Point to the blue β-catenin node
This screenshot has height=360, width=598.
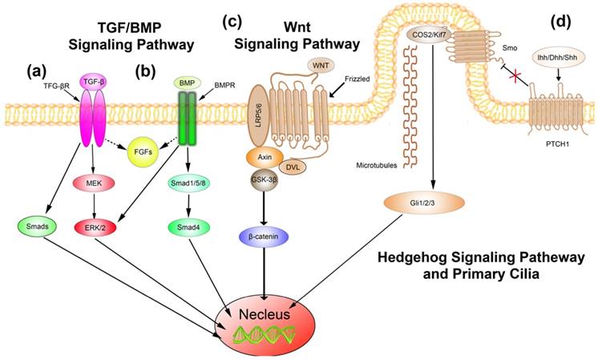269,237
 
